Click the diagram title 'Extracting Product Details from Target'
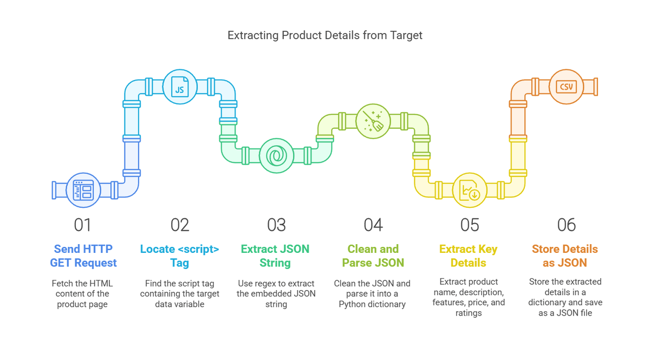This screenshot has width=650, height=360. coord(324,35)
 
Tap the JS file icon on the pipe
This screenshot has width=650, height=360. coord(180,87)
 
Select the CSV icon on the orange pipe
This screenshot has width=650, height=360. coord(566,87)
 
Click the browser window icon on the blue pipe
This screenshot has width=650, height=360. coord(83,191)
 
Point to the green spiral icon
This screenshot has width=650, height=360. coord(276,156)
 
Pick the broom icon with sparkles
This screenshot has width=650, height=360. coord(373,121)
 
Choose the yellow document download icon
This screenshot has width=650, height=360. coord(469,191)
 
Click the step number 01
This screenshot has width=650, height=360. coord(82,225)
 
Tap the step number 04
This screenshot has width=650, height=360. coord(373,225)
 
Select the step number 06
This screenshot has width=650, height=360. coord(566,225)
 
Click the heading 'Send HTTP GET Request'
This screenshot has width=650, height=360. coord(83,256)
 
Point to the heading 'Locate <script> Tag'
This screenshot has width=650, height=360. coord(180,256)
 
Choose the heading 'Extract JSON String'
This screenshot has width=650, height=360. coord(276,256)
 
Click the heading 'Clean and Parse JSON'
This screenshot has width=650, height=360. coord(373,256)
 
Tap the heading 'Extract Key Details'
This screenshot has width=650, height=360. coord(469,256)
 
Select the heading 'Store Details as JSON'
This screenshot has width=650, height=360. coord(565,256)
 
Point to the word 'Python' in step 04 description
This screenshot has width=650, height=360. coord(352,304)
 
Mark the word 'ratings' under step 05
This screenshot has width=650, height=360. coord(469,313)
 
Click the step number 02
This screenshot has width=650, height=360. coord(180,225)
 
